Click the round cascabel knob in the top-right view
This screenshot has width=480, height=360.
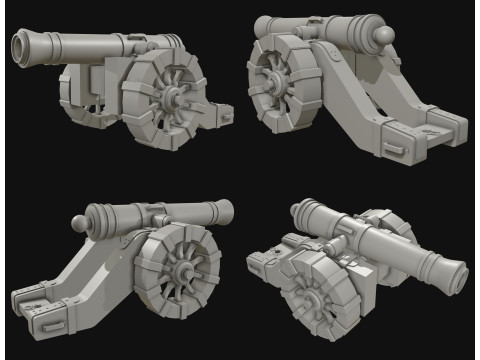tap(381, 37)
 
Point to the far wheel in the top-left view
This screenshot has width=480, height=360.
tap(80, 85)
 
